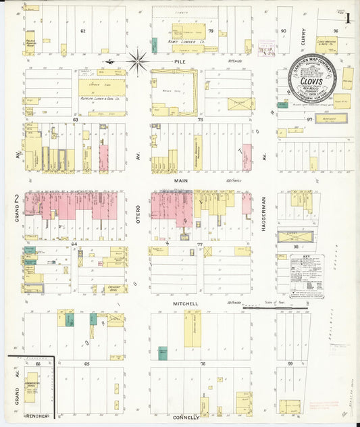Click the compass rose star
click(x=137, y=62)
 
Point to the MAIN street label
click(x=180, y=181)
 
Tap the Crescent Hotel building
click(x=113, y=287)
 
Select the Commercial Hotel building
click(x=31, y=387)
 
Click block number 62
click(x=83, y=31)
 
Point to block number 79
click(x=210, y=31)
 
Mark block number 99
click(x=290, y=363)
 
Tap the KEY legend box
click(x=307, y=276)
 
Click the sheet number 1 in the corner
click(x=347, y=20)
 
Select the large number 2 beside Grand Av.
click(x=15, y=198)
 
